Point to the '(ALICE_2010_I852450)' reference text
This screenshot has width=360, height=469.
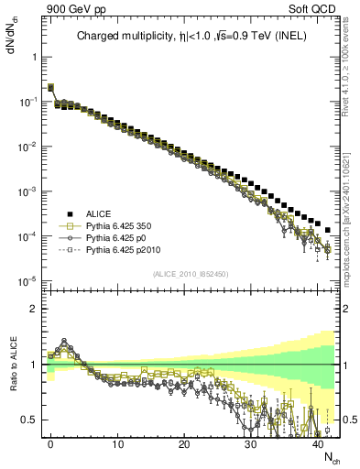[x=191, y=274]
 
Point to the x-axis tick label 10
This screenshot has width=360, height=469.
[x=117, y=445]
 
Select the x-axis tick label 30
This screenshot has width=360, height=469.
[x=251, y=445]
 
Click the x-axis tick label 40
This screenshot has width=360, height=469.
[x=318, y=445]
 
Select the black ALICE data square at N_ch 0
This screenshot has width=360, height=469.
[x=50, y=88]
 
